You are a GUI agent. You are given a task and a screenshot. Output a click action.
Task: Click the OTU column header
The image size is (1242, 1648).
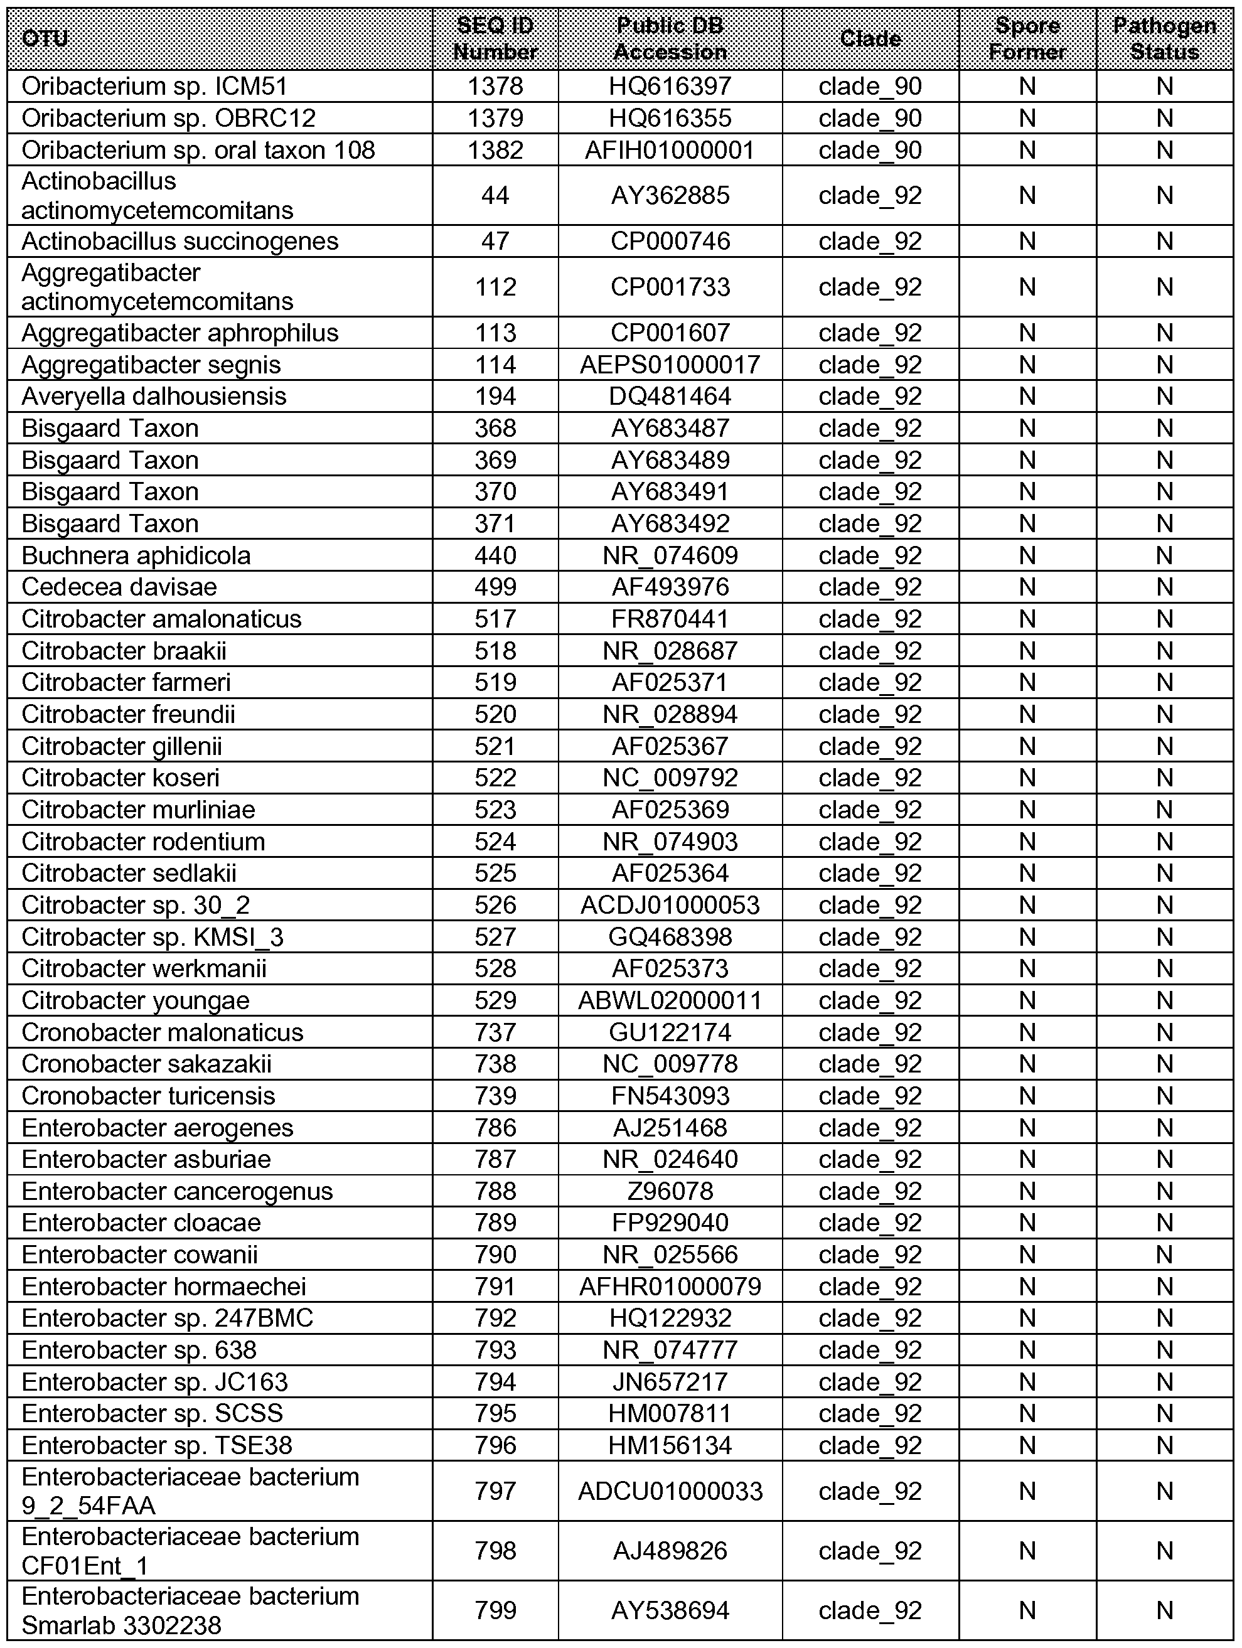(x=45, y=39)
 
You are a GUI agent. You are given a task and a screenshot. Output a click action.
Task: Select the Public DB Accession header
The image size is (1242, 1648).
(x=670, y=39)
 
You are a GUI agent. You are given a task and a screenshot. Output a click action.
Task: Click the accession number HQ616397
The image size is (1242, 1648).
(x=670, y=87)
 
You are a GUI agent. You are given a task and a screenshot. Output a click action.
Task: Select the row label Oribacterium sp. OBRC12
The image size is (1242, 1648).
(x=168, y=119)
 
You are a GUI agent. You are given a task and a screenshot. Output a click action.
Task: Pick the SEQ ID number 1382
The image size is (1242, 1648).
(x=495, y=151)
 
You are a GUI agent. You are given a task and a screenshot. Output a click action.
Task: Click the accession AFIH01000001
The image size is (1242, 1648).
(x=670, y=151)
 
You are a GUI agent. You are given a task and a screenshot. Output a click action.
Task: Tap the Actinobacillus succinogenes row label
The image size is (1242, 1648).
(x=179, y=242)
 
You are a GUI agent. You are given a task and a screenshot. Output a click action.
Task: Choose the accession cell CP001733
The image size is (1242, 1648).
(x=670, y=287)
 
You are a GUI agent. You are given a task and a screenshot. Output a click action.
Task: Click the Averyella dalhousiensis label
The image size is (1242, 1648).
(x=154, y=397)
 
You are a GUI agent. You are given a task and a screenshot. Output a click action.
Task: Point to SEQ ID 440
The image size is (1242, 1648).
(x=495, y=556)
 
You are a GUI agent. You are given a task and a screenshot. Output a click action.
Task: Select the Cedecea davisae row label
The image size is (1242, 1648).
(x=119, y=587)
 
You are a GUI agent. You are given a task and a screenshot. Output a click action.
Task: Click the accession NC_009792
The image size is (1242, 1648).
(x=670, y=778)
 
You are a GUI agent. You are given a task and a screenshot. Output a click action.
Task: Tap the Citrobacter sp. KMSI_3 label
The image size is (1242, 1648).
(x=152, y=937)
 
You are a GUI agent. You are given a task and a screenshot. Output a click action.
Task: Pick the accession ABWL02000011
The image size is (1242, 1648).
(x=670, y=1000)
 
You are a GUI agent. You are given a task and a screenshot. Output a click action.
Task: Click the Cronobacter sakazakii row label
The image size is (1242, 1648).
(x=146, y=1064)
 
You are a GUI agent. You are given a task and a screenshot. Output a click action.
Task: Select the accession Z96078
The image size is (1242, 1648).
(x=670, y=1191)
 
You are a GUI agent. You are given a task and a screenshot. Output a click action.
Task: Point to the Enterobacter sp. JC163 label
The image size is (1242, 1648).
(x=154, y=1382)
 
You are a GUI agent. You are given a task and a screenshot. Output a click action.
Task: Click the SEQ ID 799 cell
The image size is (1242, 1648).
(x=495, y=1611)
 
